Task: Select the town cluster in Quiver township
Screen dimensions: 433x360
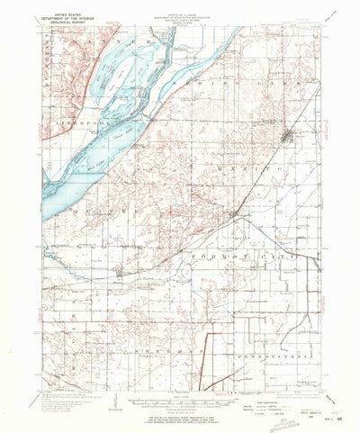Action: [122, 270]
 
